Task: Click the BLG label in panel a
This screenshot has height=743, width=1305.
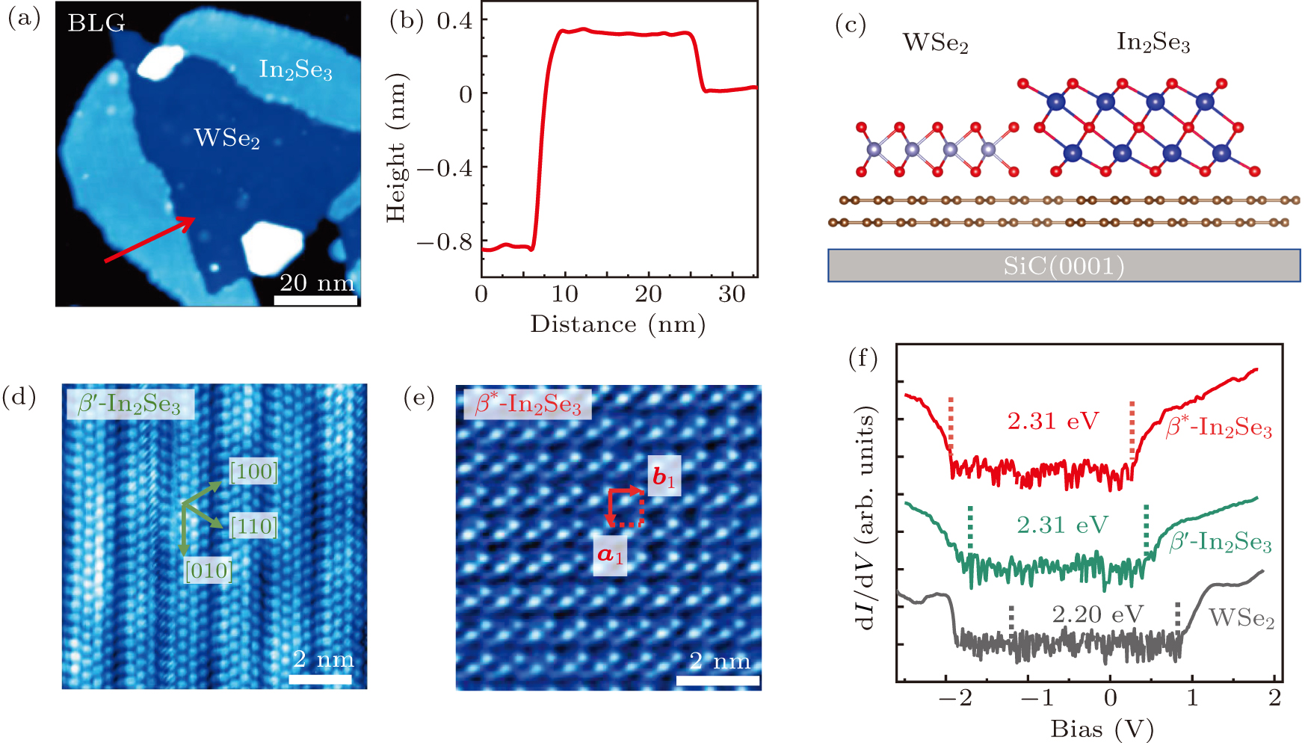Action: point(96,23)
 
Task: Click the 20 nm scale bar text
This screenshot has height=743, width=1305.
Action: point(316,283)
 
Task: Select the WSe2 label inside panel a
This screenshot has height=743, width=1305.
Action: point(226,138)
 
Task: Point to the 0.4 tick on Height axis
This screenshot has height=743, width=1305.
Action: point(454,21)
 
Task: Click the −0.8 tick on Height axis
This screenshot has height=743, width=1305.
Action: point(445,242)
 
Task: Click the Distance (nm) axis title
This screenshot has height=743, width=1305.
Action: point(617,324)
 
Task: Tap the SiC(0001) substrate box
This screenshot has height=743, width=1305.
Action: point(1064,265)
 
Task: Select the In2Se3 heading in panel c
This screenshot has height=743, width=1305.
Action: point(1153,43)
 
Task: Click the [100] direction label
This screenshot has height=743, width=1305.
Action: point(253,472)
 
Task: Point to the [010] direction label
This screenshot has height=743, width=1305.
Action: point(208,571)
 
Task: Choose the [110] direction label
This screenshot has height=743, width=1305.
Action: point(253,526)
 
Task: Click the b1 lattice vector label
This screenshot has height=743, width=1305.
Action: point(664,477)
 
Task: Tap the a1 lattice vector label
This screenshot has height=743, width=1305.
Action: point(610,555)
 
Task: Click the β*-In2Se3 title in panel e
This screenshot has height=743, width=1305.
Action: point(528,404)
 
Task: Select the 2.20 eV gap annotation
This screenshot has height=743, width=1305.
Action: point(1097,614)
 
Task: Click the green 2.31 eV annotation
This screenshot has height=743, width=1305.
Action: point(1062,525)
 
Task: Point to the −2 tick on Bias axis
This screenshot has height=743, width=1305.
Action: point(955,699)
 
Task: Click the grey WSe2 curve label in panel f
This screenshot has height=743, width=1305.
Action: point(1241,618)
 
